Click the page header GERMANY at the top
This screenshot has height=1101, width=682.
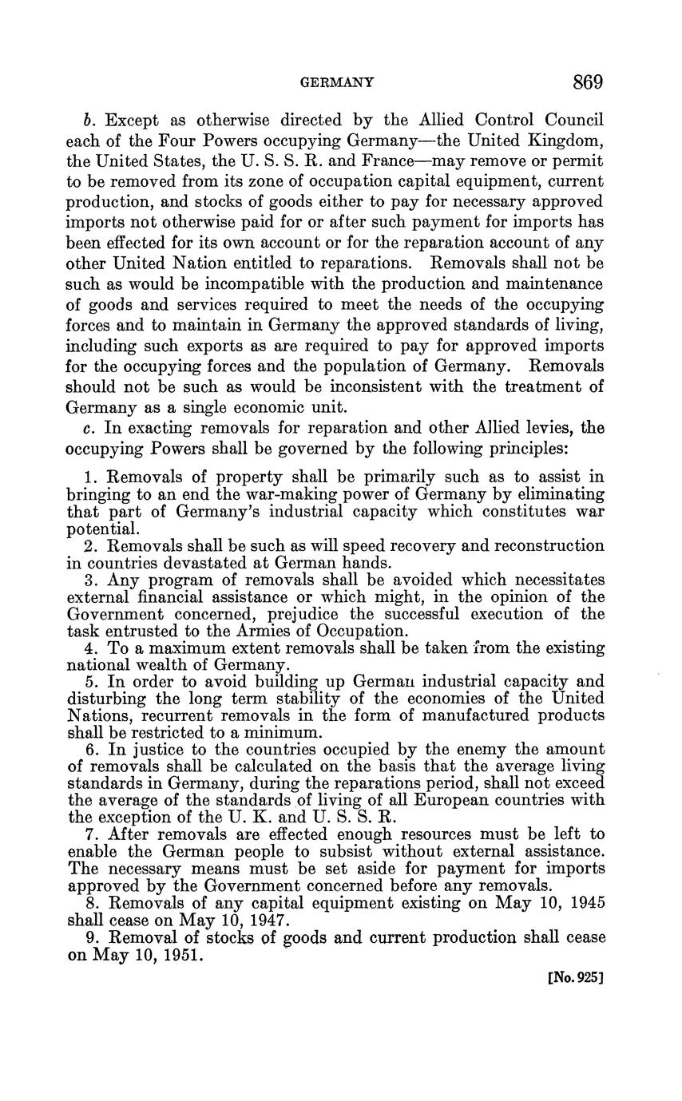pyautogui.click(x=335, y=82)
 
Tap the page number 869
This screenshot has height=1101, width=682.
pyautogui.click(x=587, y=81)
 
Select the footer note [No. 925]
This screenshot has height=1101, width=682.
pyautogui.click(x=574, y=976)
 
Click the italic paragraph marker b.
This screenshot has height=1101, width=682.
pyautogui.click(x=89, y=120)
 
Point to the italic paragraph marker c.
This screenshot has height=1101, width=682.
pyautogui.click(x=88, y=427)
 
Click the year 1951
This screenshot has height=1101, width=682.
pyautogui.click(x=182, y=953)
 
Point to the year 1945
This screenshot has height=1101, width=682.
pyautogui.click(x=582, y=903)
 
